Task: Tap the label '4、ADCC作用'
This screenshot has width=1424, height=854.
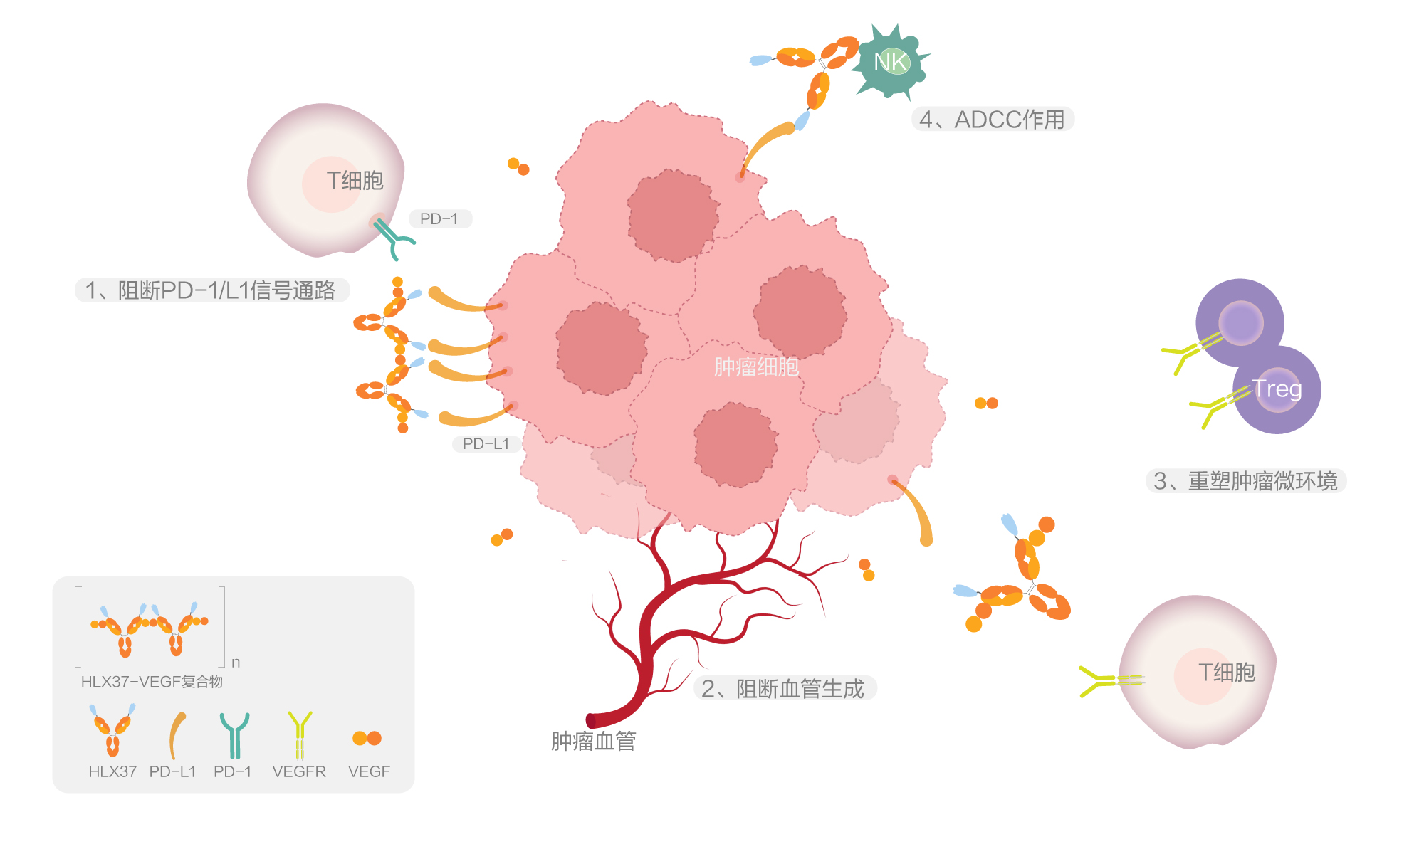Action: click(992, 120)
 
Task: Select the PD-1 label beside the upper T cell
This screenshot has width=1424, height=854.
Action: click(439, 218)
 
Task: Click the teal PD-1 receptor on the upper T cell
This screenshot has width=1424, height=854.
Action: click(392, 238)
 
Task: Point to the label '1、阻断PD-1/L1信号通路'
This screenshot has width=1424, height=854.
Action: click(211, 290)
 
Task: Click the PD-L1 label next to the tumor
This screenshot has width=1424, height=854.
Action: click(486, 443)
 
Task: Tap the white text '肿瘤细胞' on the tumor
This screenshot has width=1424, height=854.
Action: click(756, 367)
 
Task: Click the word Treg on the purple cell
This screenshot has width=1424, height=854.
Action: click(1277, 389)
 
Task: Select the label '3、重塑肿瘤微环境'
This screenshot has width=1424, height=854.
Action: click(1245, 481)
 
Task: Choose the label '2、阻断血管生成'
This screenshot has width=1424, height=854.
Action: click(782, 688)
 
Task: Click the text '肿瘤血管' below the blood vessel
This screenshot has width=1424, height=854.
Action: click(593, 742)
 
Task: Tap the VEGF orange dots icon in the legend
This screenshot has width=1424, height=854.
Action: click(367, 738)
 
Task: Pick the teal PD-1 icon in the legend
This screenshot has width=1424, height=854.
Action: click(234, 735)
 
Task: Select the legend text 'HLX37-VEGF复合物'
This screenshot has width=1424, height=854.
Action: click(152, 682)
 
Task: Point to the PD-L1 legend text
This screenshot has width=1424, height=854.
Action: click(172, 771)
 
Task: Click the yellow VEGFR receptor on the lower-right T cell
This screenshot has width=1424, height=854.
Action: click(1108, 681)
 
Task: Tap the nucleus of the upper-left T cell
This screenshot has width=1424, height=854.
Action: click(332, 184)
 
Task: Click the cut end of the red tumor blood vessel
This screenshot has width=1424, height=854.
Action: click(592, 720)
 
